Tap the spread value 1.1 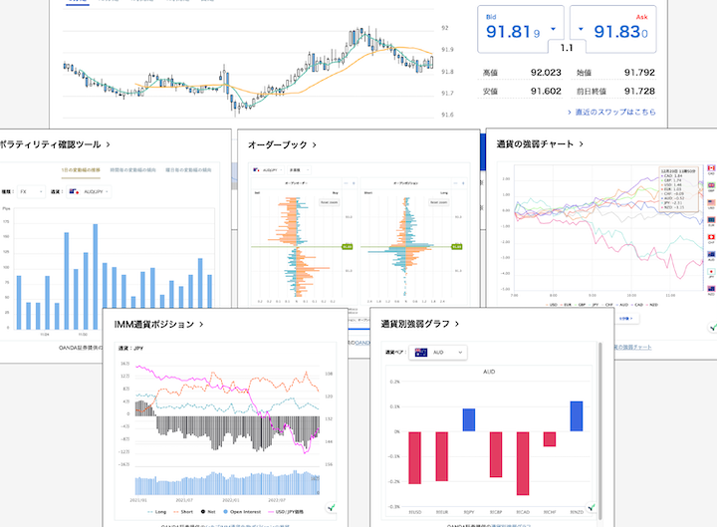click(567, 48)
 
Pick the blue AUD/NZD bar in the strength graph click(576, 416)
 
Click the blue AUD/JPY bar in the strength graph click(469, 420)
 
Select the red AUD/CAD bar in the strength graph click(522, 462)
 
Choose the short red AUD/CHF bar click(549, 438)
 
